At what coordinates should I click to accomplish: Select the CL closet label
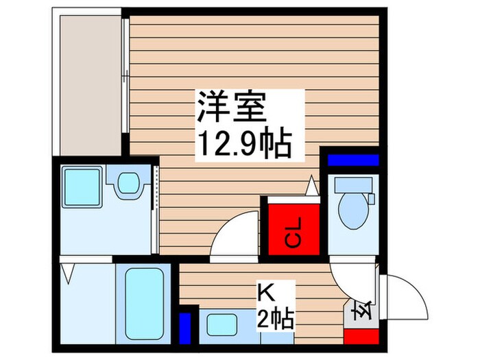(292, 232)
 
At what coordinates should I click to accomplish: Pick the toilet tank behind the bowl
(351, 186)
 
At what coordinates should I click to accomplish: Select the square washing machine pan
(82, 184)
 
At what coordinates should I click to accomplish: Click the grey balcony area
(89, 82)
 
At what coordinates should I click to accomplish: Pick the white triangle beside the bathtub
(68, 275)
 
